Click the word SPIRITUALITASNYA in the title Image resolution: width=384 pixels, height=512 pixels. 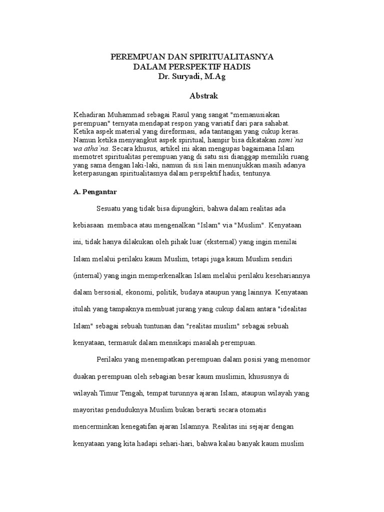click(x=231, y=57)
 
